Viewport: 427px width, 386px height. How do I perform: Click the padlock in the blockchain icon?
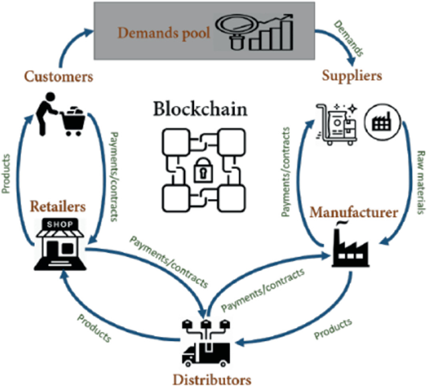[x=200, y=168]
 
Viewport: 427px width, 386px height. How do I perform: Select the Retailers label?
[x=58, y=205]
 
